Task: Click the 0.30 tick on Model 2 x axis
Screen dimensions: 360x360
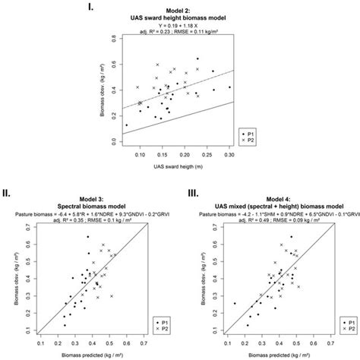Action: [x=229, y=153]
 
